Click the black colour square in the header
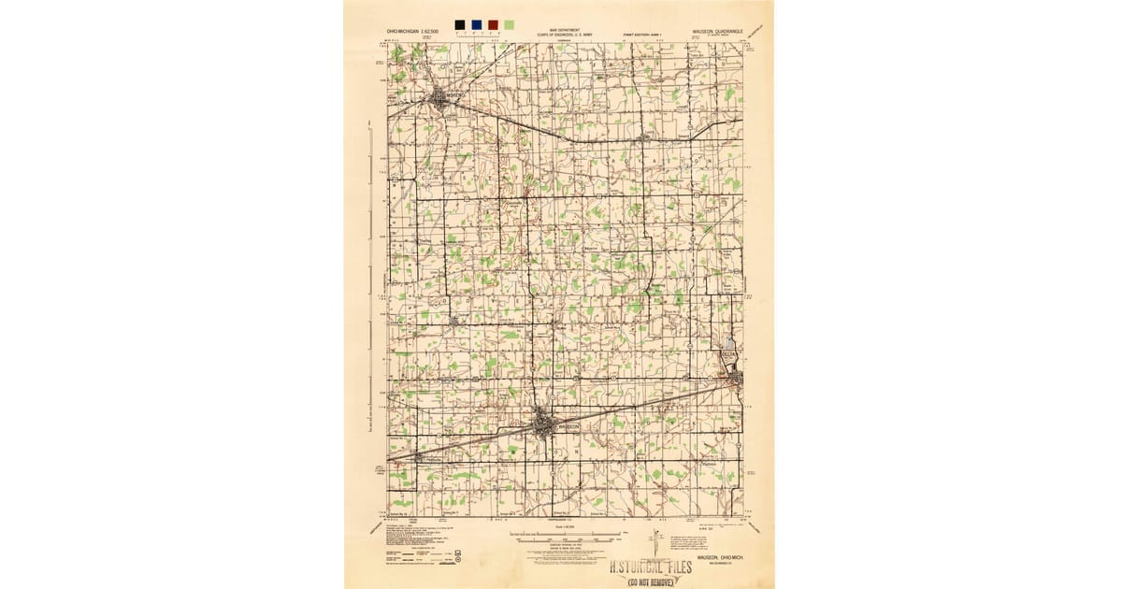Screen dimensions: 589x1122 point(459,25)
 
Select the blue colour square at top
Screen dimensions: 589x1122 point(476,25)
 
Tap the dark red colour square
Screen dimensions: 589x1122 point(492,25)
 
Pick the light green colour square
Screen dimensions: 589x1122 point(509,25)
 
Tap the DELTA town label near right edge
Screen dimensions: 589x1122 point(728,354)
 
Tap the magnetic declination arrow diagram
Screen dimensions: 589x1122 point(652,542)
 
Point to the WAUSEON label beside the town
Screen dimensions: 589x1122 point(568,425)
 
